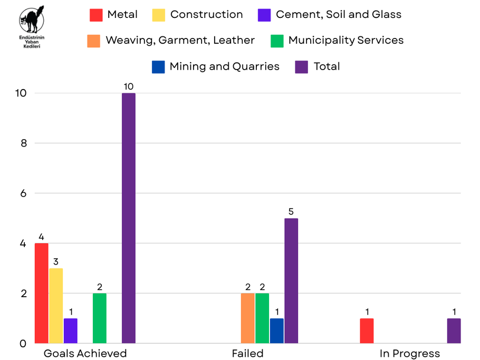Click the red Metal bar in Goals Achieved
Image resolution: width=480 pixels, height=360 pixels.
pos(42,293)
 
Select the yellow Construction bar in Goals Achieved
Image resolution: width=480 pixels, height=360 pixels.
pos(56,306)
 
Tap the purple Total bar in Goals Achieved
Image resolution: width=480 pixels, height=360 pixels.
pos(129,218)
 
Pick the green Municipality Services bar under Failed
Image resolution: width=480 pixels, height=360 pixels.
pos(262,318)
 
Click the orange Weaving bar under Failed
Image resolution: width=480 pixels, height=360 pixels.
pos(248,318)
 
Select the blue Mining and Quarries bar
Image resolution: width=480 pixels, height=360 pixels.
pos(277,330)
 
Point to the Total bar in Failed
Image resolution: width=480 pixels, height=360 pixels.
pos(291,281)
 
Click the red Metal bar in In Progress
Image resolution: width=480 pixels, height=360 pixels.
pos(367,330)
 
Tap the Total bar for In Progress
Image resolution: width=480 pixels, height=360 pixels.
pos(454,330)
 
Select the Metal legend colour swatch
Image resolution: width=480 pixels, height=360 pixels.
pos(96,15)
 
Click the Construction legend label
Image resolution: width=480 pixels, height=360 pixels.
pos(207,15)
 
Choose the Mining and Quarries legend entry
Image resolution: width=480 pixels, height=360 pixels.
pos(224,66)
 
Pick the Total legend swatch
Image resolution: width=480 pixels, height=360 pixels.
pos(302,66)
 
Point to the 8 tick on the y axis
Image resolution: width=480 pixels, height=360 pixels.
pos(23,143)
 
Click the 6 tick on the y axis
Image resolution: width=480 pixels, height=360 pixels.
pos(23,193)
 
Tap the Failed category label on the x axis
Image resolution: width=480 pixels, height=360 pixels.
pos(247,353)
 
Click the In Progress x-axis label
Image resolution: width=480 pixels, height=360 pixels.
pos(410,353)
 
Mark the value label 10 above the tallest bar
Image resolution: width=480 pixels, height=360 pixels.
pos(129,86)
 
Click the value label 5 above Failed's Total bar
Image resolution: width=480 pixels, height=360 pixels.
pos(291,211)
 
